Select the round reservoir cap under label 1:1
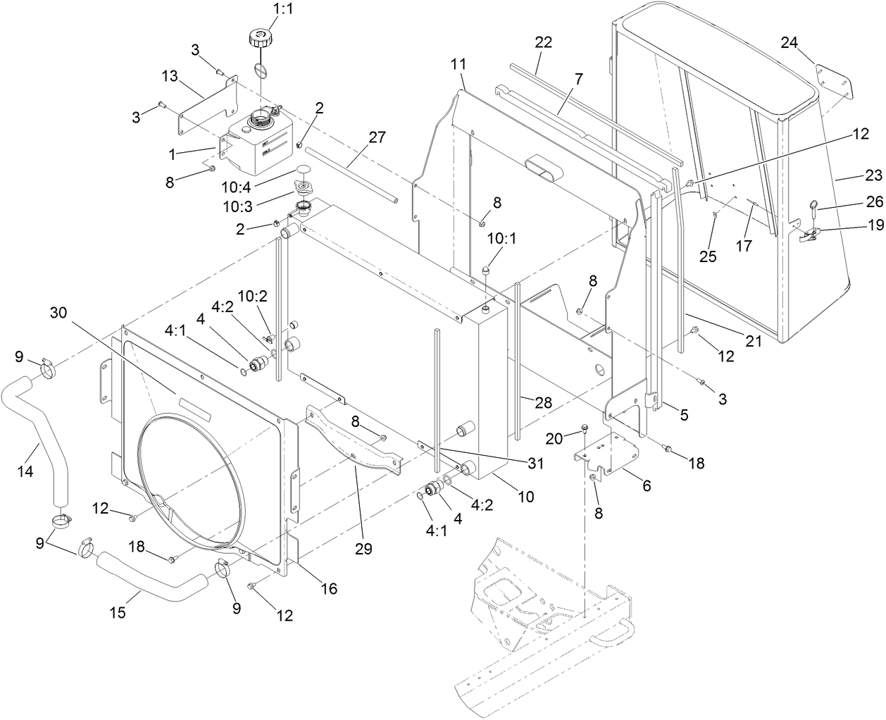[259, 37]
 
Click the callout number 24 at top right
[789, 43]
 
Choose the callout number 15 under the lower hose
[118, 612]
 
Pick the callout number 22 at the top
[543, 42]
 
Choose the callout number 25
[708, 257]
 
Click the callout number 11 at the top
[458, 64]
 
